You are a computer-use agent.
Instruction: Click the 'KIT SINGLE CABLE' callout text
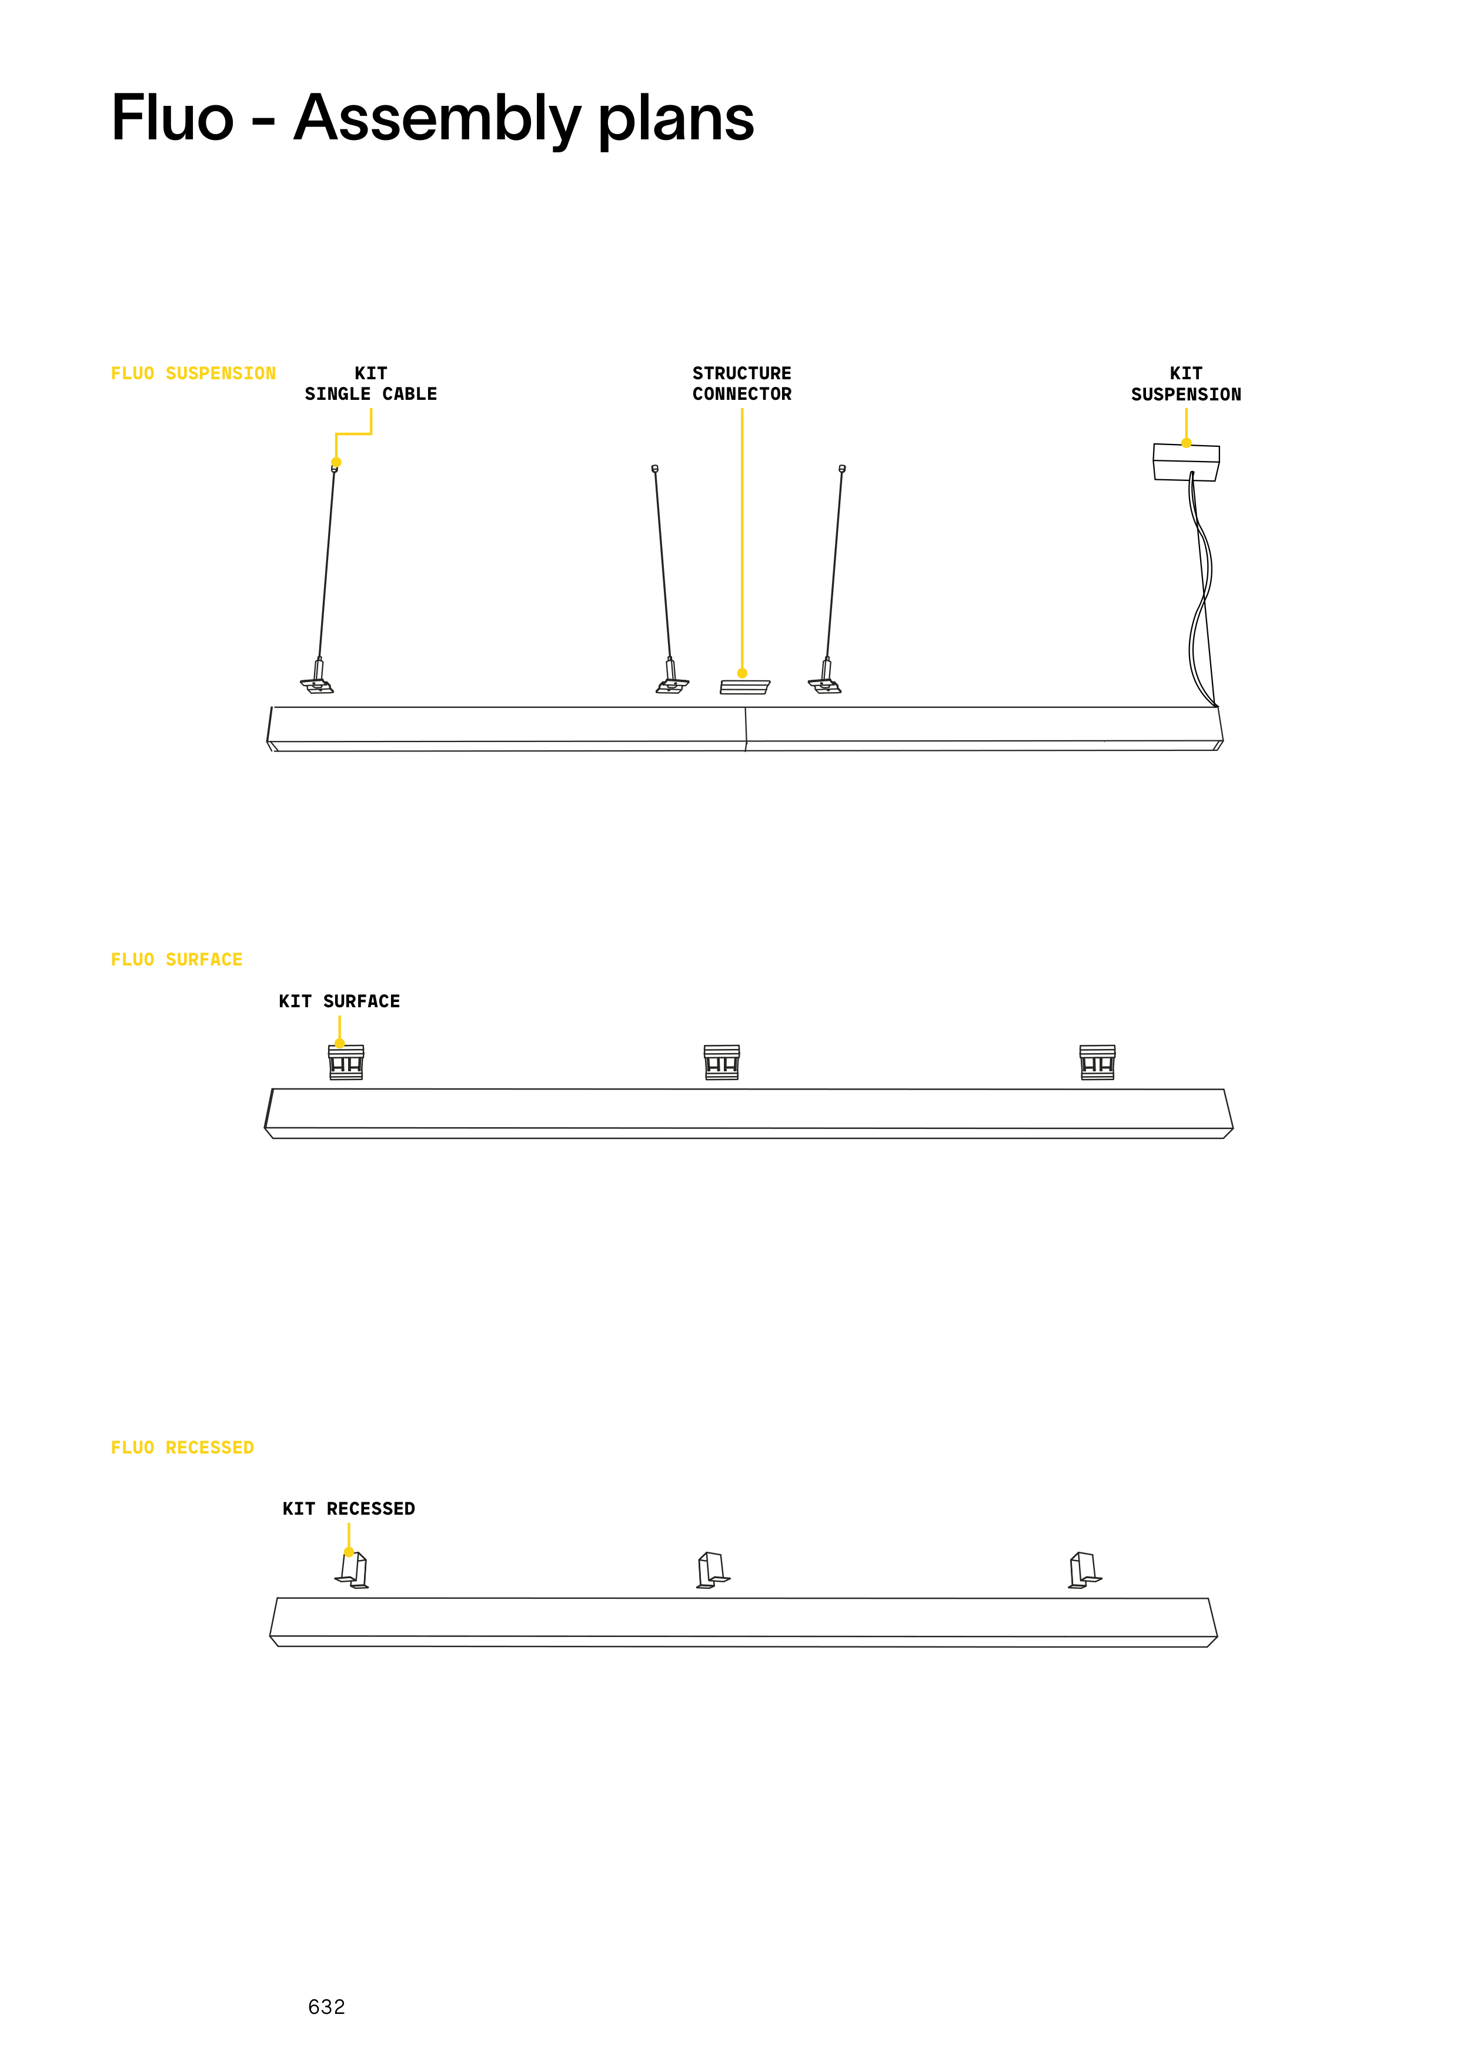click(370, 384)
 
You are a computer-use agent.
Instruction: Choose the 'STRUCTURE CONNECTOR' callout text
click(741, 384)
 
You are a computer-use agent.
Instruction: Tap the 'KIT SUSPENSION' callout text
click(1186, 384)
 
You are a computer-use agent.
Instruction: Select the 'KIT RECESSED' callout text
click(349, 1509)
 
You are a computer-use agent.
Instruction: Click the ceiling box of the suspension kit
click(1186, 462)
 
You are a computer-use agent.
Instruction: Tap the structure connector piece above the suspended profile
click(744, 687)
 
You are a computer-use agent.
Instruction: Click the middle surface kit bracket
click(721, 1063)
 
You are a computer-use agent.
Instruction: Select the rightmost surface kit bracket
click(1097, 1063)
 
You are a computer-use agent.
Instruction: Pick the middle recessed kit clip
click(713, 1570)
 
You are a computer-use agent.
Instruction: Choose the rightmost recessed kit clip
click(1084, 1570)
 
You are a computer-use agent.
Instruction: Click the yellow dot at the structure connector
click(742, 673)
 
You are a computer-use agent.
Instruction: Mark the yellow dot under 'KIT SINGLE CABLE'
click(336, 462)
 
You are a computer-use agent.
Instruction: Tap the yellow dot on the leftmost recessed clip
click(349, 1552)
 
